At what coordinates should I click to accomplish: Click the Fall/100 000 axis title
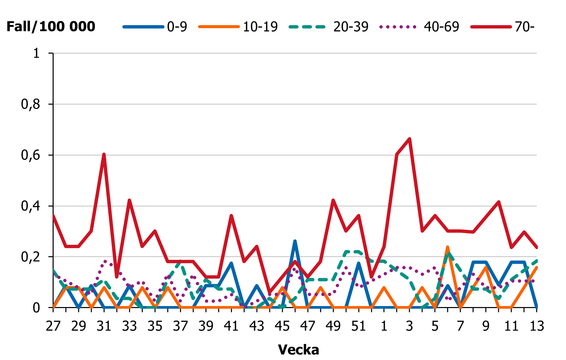tap(51, 26)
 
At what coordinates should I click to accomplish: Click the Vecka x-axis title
tap(298, 350)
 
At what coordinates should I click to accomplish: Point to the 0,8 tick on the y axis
tap(30, 105)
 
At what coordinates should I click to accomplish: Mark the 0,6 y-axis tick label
tap(30, 156)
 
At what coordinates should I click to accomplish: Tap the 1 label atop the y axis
tap(36, 53)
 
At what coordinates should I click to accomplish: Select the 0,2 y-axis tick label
tap(30, 257)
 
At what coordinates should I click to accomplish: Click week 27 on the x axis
tap(53, 326)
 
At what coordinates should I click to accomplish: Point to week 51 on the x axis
tap(359, 326)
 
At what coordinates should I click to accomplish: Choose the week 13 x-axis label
tap(537, 326)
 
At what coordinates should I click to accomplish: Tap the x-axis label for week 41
tap(231, 326)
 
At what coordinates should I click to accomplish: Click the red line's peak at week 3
tap(410, 139)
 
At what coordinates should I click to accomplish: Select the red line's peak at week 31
tap(104, 154)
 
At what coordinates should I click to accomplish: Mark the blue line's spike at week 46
tap(295, 241)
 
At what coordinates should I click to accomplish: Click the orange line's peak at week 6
tap(447, 247)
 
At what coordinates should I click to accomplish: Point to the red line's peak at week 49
tap(333, 200)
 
